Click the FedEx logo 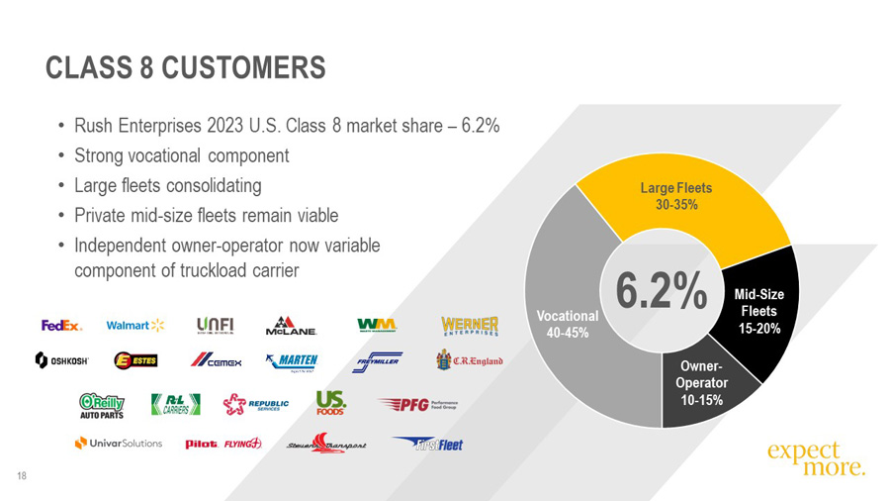(61, 325)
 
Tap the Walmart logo (135, 325)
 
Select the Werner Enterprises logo (471, 326)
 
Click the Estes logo (136, 360)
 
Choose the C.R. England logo (471, 359)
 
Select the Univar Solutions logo (119, 443)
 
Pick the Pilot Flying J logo (223, 444)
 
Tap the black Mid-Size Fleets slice (759, 311)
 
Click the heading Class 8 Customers (186, 67)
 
